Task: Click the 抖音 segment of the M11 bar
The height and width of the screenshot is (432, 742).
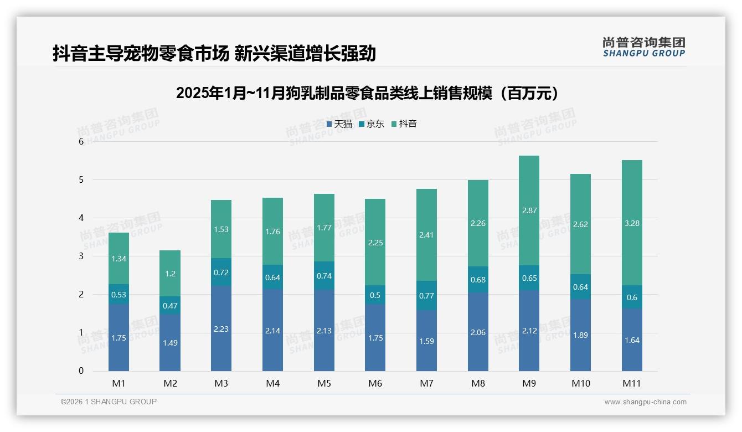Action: [632, 223]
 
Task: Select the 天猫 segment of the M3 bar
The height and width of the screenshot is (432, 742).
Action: [221, 328]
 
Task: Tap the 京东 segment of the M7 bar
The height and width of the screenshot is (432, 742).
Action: [426, 296]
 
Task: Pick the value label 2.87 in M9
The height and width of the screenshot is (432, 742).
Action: [529, 211]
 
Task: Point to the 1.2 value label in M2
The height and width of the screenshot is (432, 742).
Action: [169, 274]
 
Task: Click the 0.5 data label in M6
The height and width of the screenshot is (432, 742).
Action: [375, 295]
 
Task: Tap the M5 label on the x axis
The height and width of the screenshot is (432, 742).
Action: [324, 383]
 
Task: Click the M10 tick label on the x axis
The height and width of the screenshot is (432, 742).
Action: [580, 383]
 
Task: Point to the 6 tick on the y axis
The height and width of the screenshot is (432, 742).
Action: [81, 142]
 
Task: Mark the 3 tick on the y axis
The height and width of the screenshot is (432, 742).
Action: [81, 256]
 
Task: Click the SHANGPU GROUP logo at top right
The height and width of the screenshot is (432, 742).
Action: [643, 47]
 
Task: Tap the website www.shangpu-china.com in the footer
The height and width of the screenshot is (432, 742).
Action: [645, 402]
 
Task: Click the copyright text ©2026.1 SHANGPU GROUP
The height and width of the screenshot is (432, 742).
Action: [109, 402]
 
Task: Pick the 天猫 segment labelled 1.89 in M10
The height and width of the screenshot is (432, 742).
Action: [580, 335]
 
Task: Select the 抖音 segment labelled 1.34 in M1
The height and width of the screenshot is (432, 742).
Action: [118, 258]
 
